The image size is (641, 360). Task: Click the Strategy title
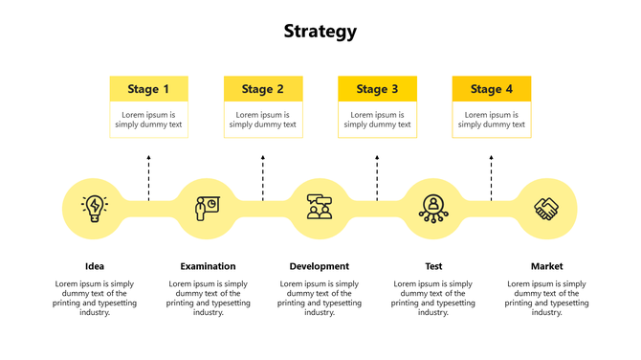click(320, 32)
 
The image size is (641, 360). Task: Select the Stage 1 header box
click(148, 89)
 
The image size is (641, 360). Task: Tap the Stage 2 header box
click(263, 89)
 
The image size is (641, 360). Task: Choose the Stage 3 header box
click(377, 89)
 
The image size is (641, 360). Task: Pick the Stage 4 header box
click(491, 89)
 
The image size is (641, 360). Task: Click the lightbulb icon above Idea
click(95, 208)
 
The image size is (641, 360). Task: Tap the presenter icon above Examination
click(207, 208)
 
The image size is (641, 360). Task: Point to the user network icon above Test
click(433, 208)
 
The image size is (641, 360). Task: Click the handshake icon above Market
click(546, 208)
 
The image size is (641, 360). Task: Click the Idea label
click(95, 266)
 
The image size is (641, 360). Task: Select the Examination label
click(208, 266)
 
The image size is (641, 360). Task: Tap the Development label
click(320, 266)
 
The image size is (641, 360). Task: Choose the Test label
click(433, 266)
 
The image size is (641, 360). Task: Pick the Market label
click(546, 266)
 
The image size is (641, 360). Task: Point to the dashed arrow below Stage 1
click(148, 177)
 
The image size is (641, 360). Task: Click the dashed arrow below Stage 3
click(377, 177)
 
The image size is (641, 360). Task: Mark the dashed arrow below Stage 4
click(491, 177)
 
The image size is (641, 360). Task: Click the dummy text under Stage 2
click(263, 120)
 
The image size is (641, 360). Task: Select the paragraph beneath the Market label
click(546, 298)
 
